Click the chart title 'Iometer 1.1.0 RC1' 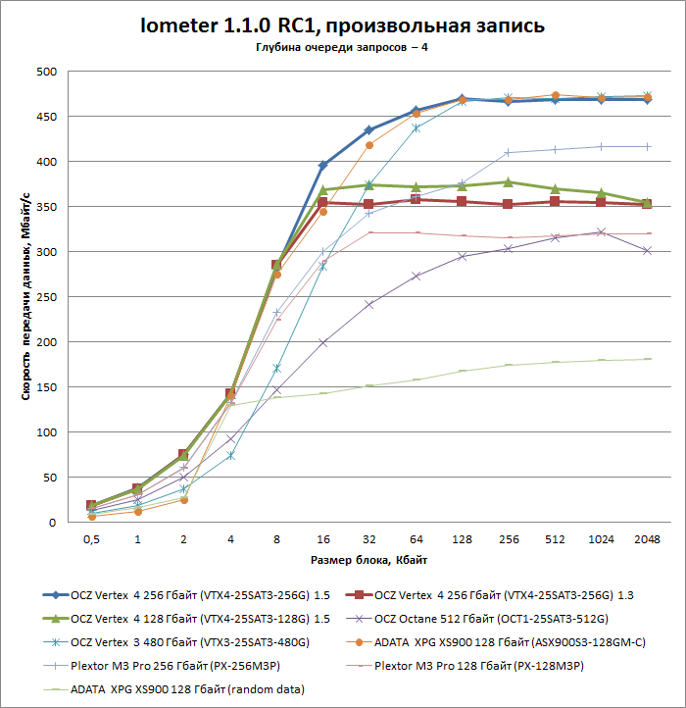click(342, 25)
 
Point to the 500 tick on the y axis click(45, 72)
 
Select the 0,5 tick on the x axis click(91, 540)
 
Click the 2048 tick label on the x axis click(647, 540)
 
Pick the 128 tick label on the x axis click(461, 540)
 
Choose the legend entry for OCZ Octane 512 click(495, 619)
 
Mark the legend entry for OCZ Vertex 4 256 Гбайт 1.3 click(495, 595)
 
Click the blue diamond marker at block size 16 click(322, 165)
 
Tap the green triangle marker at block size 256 click(508, 181)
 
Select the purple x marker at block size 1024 click(601, 232)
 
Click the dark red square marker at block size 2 click(183, 455)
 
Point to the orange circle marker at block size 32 click(369, 145)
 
